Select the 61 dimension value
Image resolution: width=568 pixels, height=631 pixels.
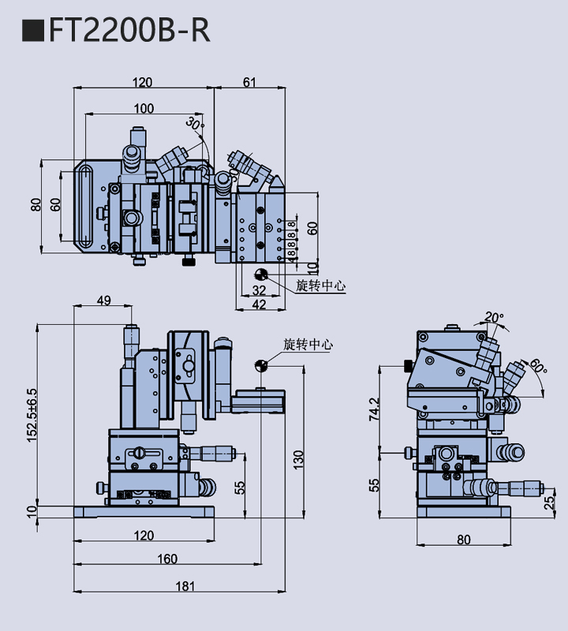(x=249, y=82)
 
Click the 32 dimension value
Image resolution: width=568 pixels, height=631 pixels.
(x=259, y=291)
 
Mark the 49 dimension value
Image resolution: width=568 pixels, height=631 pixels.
(x=103, y=300)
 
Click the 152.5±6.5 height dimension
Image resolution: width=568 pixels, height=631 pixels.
(x=32, y=413)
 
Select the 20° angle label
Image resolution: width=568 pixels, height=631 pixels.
(x=494, y=318)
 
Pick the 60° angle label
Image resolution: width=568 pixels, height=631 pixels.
(x=538, y=367)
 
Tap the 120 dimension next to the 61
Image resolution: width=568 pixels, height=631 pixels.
(x=142, y=82)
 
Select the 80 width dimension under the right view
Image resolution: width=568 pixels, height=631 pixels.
(x=463, y=540)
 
